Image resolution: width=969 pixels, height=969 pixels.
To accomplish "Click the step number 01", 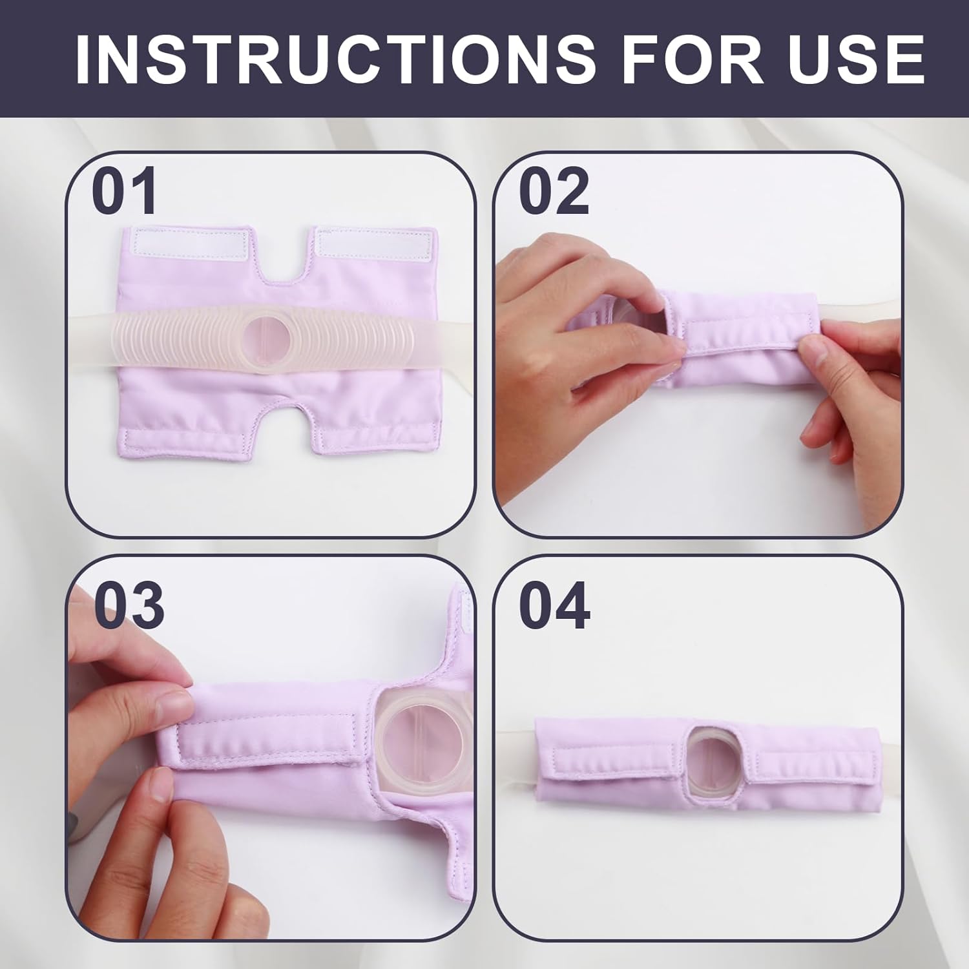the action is click(x=125, y=191).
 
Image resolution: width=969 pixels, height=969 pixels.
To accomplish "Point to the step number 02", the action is click(x=554, y=191).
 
